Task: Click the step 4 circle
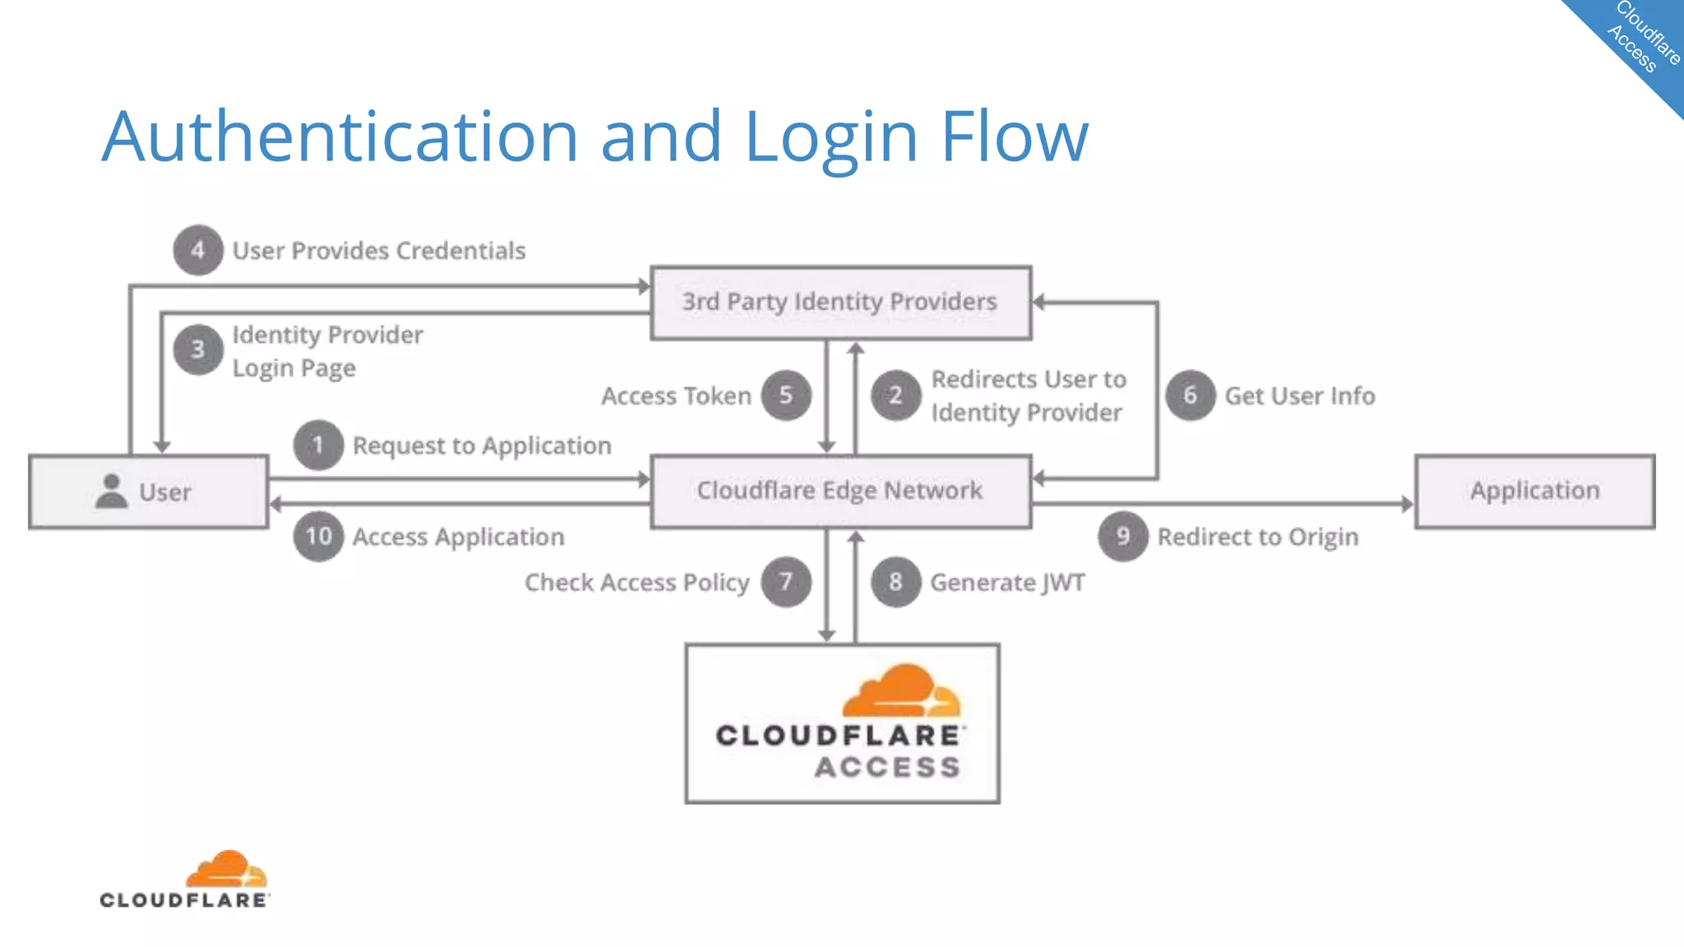197,250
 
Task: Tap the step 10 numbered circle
318,536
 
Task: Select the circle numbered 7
785,582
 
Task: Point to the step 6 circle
1190,395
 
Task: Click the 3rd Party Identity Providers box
840,303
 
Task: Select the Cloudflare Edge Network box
840,491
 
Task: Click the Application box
1534,491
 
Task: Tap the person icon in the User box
111,491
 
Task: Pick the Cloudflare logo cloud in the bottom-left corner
226,870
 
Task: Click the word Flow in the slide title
1014,136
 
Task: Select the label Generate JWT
1007,583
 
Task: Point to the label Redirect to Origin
1257,537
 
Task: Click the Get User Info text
1299,396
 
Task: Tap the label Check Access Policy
636,583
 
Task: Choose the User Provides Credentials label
378,251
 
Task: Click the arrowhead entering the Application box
1407,503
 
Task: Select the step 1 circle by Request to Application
318,445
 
